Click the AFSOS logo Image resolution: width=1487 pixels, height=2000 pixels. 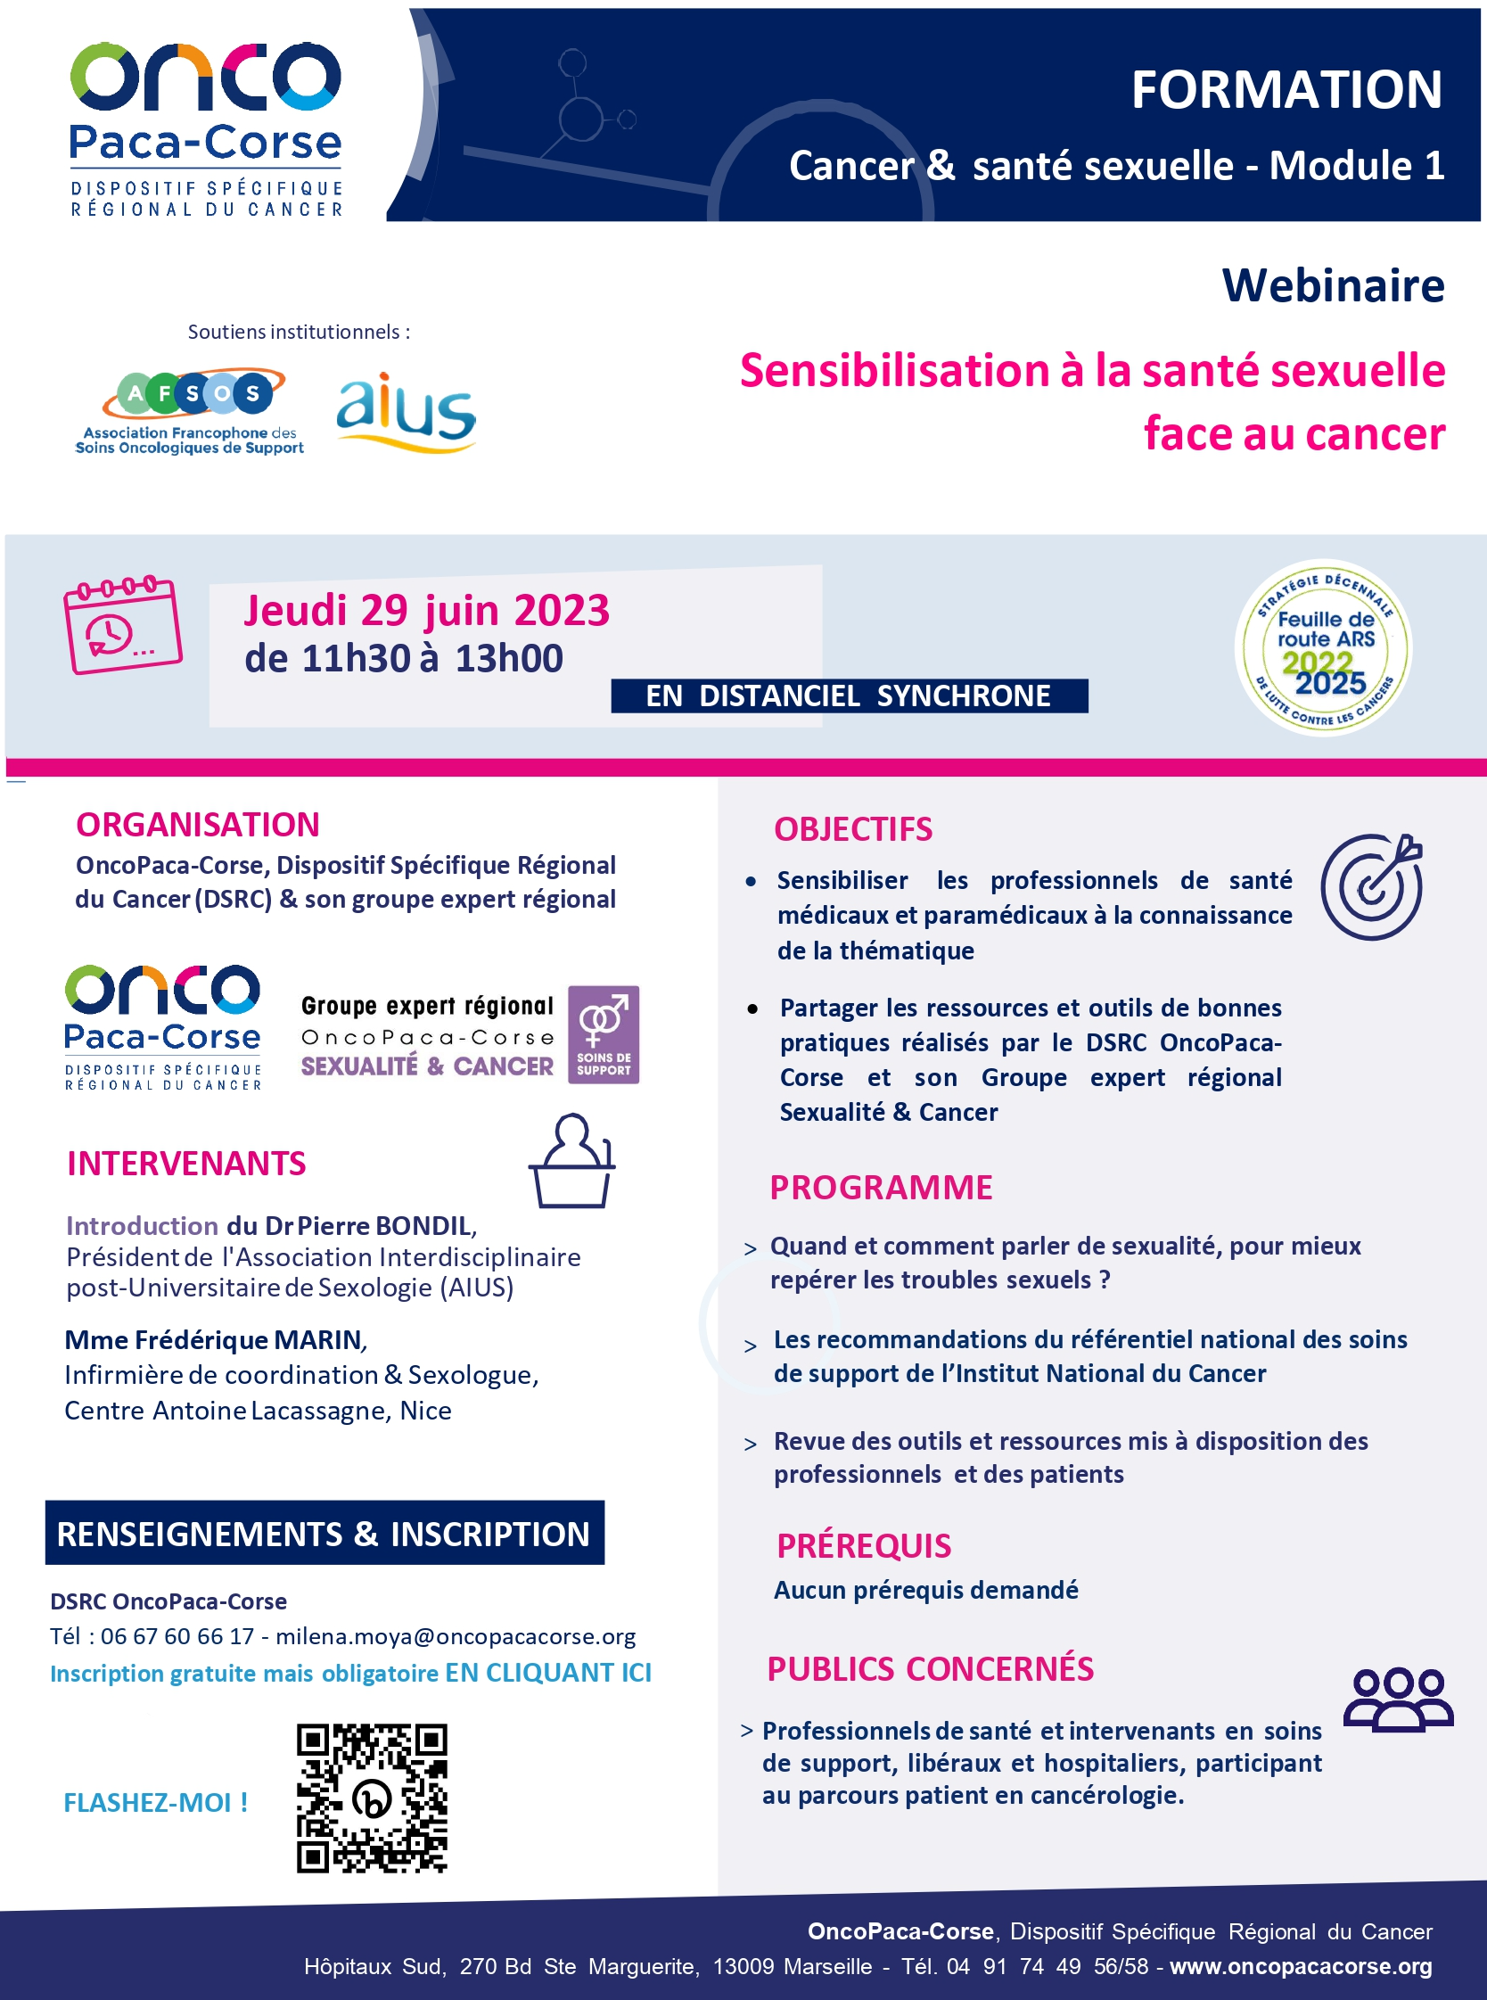[191, 410]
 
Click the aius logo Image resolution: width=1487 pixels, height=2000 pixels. [406, 412]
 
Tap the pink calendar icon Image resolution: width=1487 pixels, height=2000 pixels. [122, 625]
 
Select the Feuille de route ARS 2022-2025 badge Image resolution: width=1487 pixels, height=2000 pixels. [1322, 648]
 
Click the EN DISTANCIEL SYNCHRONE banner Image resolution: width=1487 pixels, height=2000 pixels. [848, 695]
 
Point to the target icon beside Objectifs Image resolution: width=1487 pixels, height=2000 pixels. [1371, 886]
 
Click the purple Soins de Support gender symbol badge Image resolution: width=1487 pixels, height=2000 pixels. [603, 1034]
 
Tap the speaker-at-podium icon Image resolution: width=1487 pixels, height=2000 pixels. [571, 1161]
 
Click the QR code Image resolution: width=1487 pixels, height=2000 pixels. [372, 1798]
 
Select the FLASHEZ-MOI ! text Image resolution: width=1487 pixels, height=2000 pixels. [155, 1803]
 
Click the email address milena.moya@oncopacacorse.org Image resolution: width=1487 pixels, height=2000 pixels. [456, 1636]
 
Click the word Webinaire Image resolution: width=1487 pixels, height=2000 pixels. [1332, 285]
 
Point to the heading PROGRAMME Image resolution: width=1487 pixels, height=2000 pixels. [880, 1188]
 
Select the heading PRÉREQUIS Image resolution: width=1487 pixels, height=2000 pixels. [863, 1545]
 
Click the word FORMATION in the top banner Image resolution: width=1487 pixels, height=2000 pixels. [1286, 90]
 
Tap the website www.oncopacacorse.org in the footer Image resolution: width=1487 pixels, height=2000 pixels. [1301, 1966]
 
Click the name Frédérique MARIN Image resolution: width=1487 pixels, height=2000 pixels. [248, 1340]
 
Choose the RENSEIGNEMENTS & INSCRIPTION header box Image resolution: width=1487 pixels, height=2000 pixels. [324, 1533]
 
